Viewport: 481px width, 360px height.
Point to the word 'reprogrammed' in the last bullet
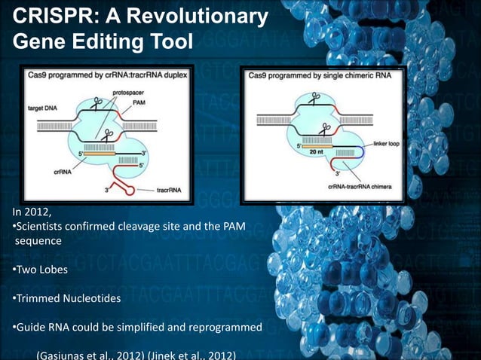[x=227, y=328]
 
